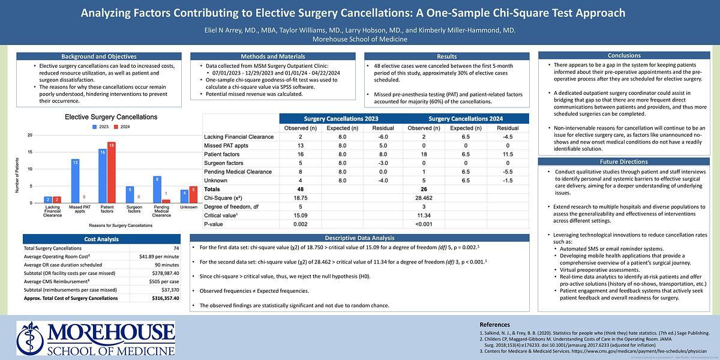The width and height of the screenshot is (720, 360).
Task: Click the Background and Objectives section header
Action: (98, 56)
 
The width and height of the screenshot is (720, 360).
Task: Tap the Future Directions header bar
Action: (624, 162)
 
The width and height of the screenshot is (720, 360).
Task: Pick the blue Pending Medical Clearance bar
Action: (157, 190)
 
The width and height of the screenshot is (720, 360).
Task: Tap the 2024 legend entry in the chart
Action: (123, 127)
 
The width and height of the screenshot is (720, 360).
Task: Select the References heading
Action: (495, 325)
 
